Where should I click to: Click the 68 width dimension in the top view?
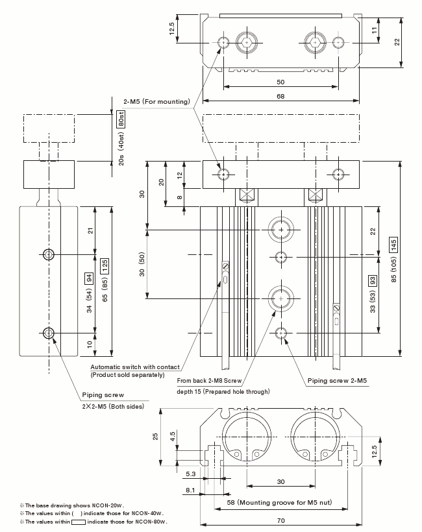[280, 97]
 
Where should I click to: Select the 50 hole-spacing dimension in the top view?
[280, 82]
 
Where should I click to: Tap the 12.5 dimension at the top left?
[173, 30]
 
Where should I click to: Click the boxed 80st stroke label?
[121, 119]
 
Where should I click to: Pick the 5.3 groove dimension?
[190, 474]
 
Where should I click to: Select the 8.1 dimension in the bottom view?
[190, 490]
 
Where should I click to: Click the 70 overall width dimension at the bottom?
[280, 520]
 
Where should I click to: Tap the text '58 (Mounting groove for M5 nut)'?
[281, 503]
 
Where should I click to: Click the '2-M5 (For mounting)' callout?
[156, 101]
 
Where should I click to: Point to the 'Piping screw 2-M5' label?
[337, 380]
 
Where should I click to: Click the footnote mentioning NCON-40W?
[92, 513]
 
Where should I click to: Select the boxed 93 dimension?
[373, 280]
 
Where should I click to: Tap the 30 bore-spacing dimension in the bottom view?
[280, 481]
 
